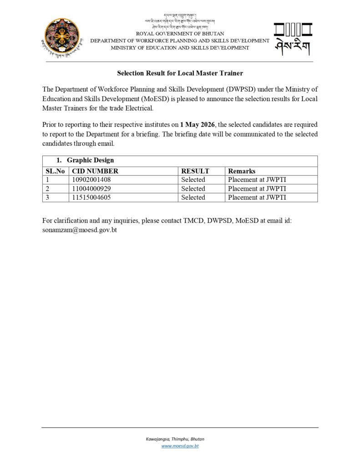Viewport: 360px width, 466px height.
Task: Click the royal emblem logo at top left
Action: click(x=62, y=38)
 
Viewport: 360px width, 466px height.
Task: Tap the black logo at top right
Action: click(x=293, y=39)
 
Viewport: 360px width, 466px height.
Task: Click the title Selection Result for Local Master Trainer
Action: click(x=180, y=73)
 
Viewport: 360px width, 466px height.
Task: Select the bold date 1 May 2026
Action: click(x=197, y=125)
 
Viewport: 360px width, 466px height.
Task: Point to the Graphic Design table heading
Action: click(x=90, y=160)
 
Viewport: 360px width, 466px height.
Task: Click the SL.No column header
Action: click(x=56, y=171)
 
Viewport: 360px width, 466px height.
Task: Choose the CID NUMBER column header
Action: click(x=95, y=171)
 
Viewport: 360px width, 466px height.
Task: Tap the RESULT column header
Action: click(x=195, y=171)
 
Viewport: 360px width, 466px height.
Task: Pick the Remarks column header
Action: click(x=242, y=171)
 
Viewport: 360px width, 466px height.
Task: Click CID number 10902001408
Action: click(x=91, y=180)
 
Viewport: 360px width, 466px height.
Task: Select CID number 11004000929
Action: click(x=91, y=188)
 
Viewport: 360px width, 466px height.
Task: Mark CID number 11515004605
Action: click(x=91, y=198)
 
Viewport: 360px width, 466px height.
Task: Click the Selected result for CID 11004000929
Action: click(x=193, y=188)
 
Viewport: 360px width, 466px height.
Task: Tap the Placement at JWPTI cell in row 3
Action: click(x=257, y=198)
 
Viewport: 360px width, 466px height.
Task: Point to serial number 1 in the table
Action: click(x=47, y=180)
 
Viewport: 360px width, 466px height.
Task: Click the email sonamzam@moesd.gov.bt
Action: click(x=80, y=230)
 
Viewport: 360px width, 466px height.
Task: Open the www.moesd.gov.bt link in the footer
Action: click(x=180, y=446)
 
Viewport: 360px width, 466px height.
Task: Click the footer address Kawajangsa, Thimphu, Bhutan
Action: click(x=175, y=439)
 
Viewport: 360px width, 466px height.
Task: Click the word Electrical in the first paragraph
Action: click(x=138, y=108)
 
